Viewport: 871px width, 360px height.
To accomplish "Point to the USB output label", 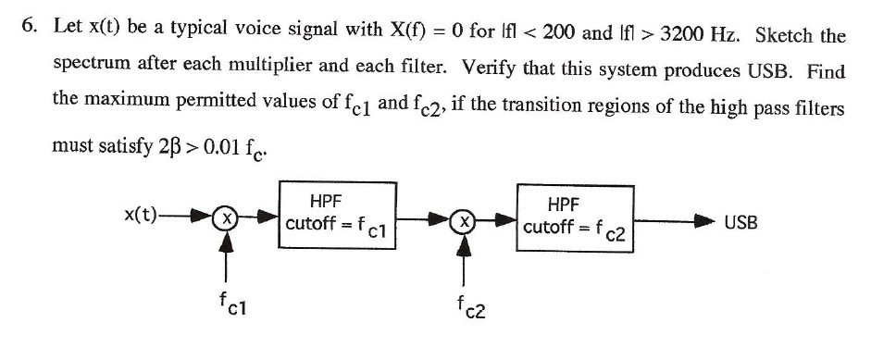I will [x=740, y=222].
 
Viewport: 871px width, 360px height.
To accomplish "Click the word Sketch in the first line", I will [x=784, y=35].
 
